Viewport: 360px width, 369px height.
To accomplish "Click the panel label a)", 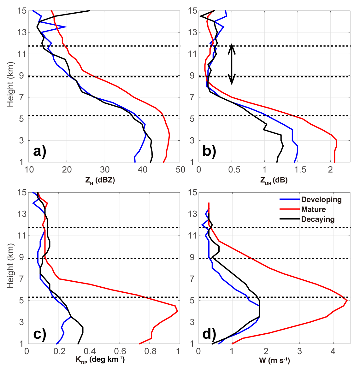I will (39, 152).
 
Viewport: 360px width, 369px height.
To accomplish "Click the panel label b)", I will (209, 152).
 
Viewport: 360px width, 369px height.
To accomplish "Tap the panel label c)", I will (39, 334).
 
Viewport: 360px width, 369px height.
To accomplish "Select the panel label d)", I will (209, 334).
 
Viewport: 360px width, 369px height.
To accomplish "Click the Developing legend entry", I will (321, 200).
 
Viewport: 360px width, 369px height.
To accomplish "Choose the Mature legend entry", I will (313, 209).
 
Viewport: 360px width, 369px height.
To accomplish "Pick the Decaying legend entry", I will (318, 219).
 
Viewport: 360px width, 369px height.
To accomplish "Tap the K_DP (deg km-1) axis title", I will (100, 360).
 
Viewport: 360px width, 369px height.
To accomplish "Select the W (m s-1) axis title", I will (274, 360).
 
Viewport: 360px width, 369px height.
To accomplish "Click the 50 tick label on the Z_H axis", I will (180, 170).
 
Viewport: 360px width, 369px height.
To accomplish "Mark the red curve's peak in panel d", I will (347, 301).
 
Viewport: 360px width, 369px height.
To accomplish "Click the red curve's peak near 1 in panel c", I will (178, 311).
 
